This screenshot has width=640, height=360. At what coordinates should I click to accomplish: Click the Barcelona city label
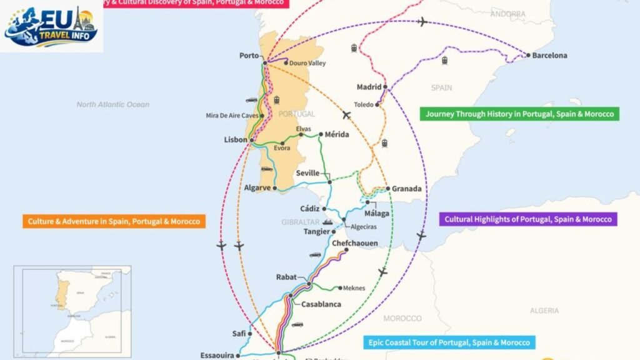point(549,56)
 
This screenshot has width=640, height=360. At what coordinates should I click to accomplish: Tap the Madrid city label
point(369,87)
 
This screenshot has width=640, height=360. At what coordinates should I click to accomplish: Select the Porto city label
point(249,56)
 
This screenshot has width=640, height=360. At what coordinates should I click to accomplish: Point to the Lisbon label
point(236,140)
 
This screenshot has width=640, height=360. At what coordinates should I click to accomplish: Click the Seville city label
point(307,173)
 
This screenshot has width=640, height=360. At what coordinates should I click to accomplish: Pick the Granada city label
point(407,189)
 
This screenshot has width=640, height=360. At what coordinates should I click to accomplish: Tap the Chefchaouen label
point(354,243)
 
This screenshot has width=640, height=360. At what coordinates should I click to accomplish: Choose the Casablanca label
point(321,304)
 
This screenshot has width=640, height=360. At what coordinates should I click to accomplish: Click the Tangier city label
point(316,232)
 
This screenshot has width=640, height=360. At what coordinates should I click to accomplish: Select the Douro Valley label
point(307,63)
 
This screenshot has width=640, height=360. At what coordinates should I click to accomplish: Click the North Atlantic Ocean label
point(113,104)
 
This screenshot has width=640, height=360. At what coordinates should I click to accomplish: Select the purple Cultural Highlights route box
point(529,219)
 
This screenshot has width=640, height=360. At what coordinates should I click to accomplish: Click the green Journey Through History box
point(520,114)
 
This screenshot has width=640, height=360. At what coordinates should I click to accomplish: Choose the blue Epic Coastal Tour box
point(449,342)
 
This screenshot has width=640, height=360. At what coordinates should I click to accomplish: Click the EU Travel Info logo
point(51,26)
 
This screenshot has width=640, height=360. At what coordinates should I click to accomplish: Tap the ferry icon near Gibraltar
point(327,222)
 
